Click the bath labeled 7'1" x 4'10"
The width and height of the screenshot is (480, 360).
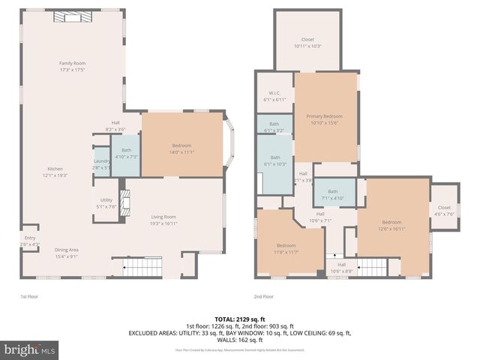(x=333, y=194)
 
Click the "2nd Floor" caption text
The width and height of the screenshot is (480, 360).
(x=263, y=297)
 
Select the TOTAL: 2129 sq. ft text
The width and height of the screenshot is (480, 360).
(x=239, y=318)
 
